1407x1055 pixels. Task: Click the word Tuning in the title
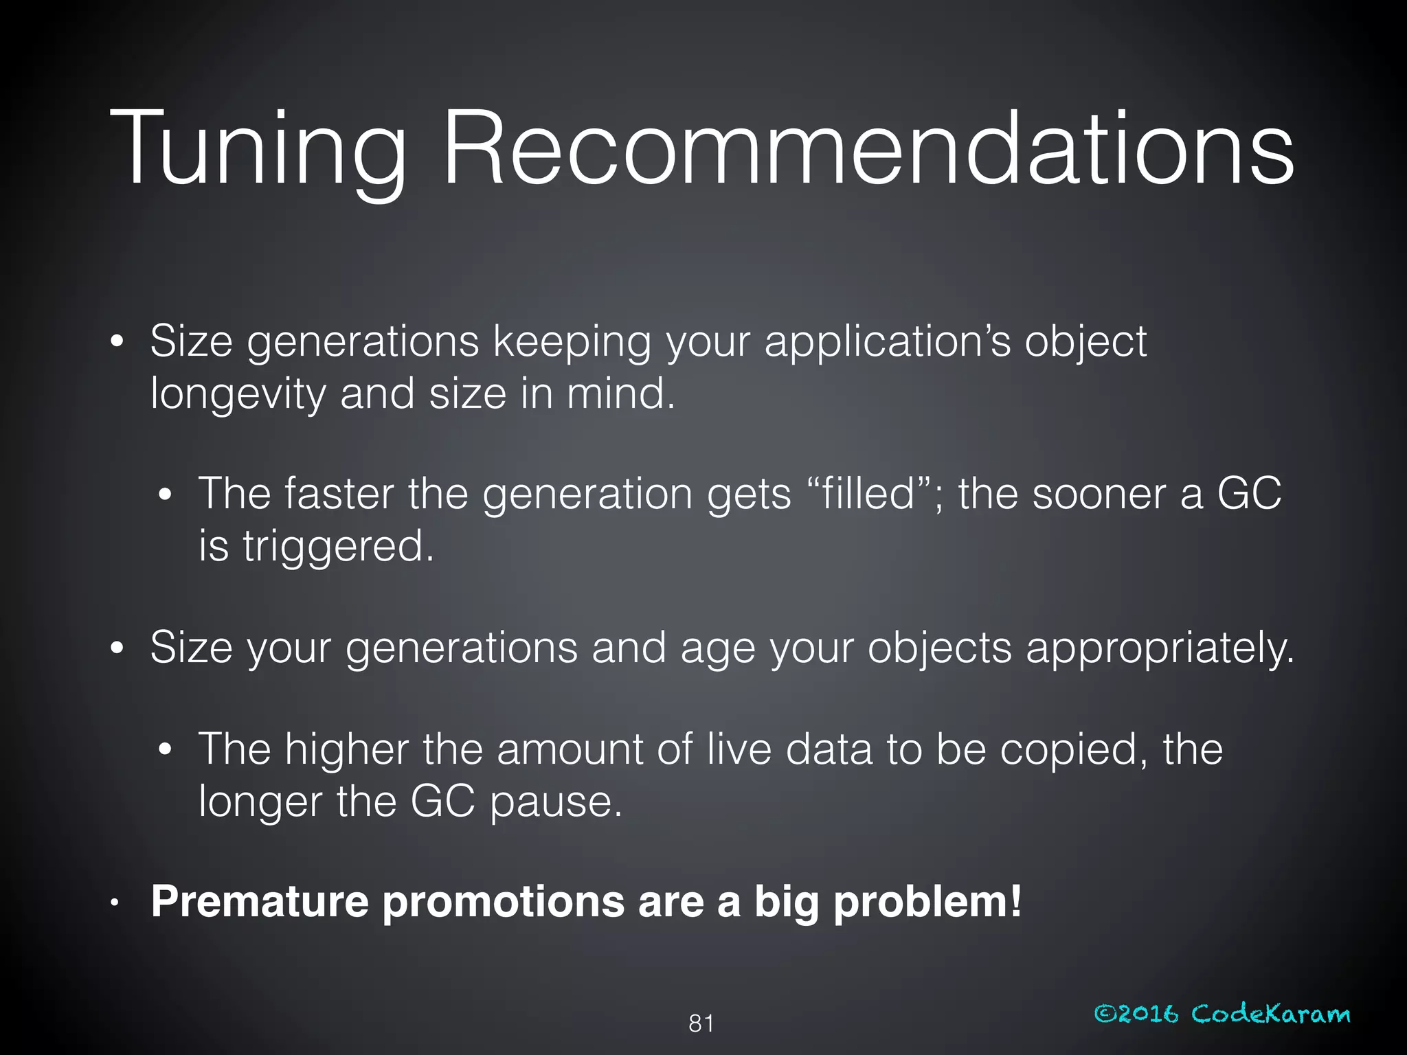[x=258, y=150]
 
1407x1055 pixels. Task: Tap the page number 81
[x=701, y=1023]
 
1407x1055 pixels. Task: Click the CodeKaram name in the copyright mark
[x=1270, y=1014]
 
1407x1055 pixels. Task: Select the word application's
[x=888, y=343]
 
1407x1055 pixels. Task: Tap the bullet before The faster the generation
[x=164, y=495]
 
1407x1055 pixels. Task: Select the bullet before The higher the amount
[x=164, y=749]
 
